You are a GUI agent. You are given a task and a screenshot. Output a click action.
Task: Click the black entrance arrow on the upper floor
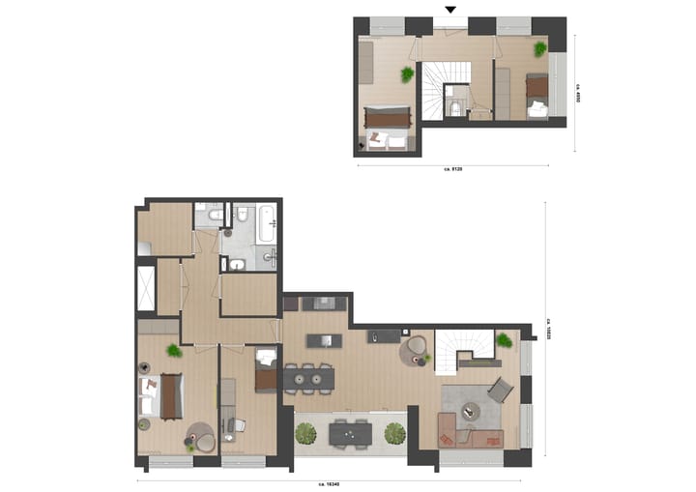point(449,10)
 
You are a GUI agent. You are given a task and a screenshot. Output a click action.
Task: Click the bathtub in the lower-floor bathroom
point(267,224)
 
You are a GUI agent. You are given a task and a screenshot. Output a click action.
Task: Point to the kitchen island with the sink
point(325,340)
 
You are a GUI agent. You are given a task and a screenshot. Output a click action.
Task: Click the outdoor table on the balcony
point(349,435)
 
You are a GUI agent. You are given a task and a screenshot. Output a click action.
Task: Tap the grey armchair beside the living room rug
point(499,390)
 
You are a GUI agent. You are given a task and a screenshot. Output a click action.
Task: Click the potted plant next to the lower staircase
point(503,339)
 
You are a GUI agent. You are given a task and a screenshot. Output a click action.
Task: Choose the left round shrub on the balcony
point(305,433)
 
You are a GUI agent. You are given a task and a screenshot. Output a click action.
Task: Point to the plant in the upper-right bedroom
point(539,47)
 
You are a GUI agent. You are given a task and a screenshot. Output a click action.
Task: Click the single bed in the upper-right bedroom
point(536,98)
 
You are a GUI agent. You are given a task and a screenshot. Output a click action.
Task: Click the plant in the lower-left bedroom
point(173,351)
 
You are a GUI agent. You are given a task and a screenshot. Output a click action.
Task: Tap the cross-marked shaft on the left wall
point(146,287)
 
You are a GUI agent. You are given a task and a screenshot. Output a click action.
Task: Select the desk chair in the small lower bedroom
point(240,424)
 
